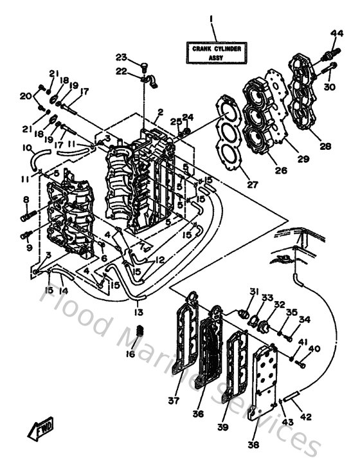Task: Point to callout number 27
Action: point(252,185)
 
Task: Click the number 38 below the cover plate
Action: point(253,444)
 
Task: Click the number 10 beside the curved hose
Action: point(27,148)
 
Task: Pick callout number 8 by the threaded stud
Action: point(26,199)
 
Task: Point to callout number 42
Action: point(305,417)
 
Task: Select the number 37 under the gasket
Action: point(173,401)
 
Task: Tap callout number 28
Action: point(325,146)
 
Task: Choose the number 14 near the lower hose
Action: point(62,290)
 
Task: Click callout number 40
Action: point(314,349)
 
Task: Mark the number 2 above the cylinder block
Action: point(160,111)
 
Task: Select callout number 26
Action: point(280,170)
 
